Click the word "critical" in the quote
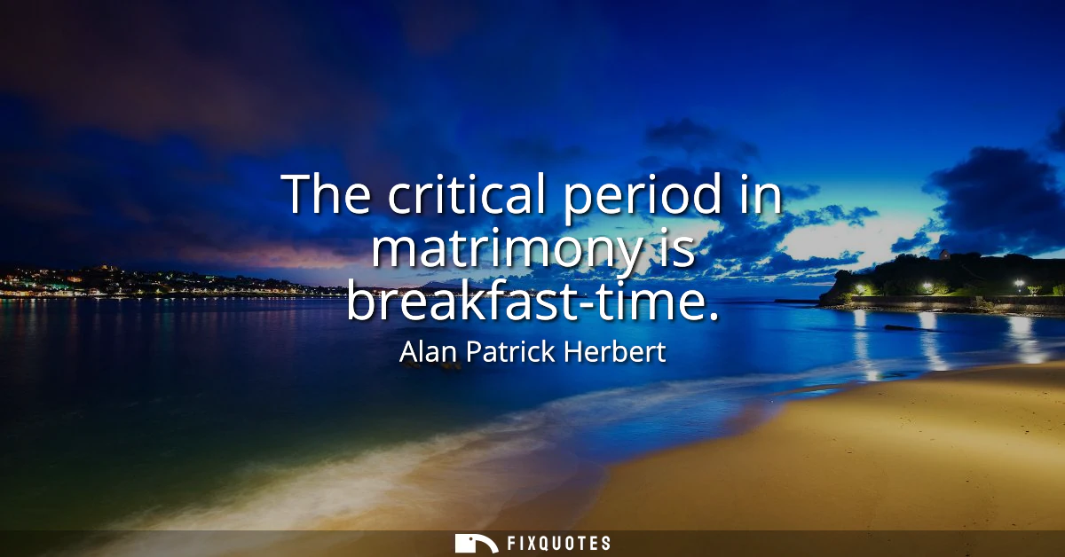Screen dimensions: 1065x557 (469, 193)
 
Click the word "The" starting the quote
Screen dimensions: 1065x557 (328, 193)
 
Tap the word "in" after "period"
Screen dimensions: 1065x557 (758, 193)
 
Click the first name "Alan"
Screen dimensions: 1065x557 (430, 352)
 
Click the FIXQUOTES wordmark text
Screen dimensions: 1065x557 (557, 543)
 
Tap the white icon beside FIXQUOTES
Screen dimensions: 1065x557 (476, 543)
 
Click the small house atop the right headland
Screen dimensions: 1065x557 (943, 255)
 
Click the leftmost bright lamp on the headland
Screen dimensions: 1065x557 (860, 288)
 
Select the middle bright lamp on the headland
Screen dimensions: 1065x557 (927, 286)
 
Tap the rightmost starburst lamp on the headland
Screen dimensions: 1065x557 (1019, 284)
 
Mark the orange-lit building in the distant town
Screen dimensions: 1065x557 (75, 279)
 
